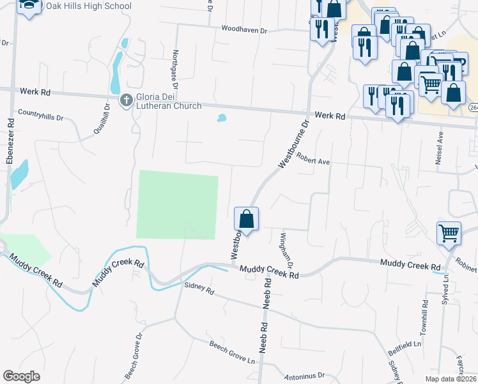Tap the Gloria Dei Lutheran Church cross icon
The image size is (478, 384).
tap(127, 100)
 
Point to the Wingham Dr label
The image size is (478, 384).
tap(286, 250)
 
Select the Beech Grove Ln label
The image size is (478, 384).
tap(233, 353)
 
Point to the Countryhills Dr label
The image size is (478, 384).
tap(41, 116)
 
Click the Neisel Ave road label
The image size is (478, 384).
tap(440, 148)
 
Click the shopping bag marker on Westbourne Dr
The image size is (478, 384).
tap(247, 220)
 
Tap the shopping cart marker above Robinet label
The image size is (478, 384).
tap(449, 234)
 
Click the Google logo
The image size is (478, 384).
tap(22, 376)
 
